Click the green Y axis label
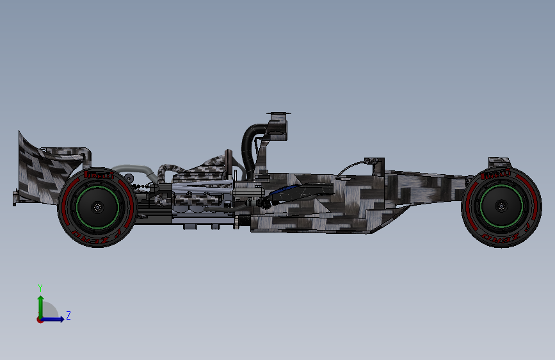pos(40,288)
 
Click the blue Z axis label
pos(68,316)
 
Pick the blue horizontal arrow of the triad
pos(54,318)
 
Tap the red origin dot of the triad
pos(40,319)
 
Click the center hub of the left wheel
pos(97,208)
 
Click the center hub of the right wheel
pos(501,206)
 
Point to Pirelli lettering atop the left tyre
pos(97,174)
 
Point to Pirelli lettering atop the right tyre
pos(496,173)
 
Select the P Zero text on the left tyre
pos(97,240)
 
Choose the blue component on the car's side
pos(286,192)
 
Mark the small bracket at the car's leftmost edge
pos(14,197)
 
